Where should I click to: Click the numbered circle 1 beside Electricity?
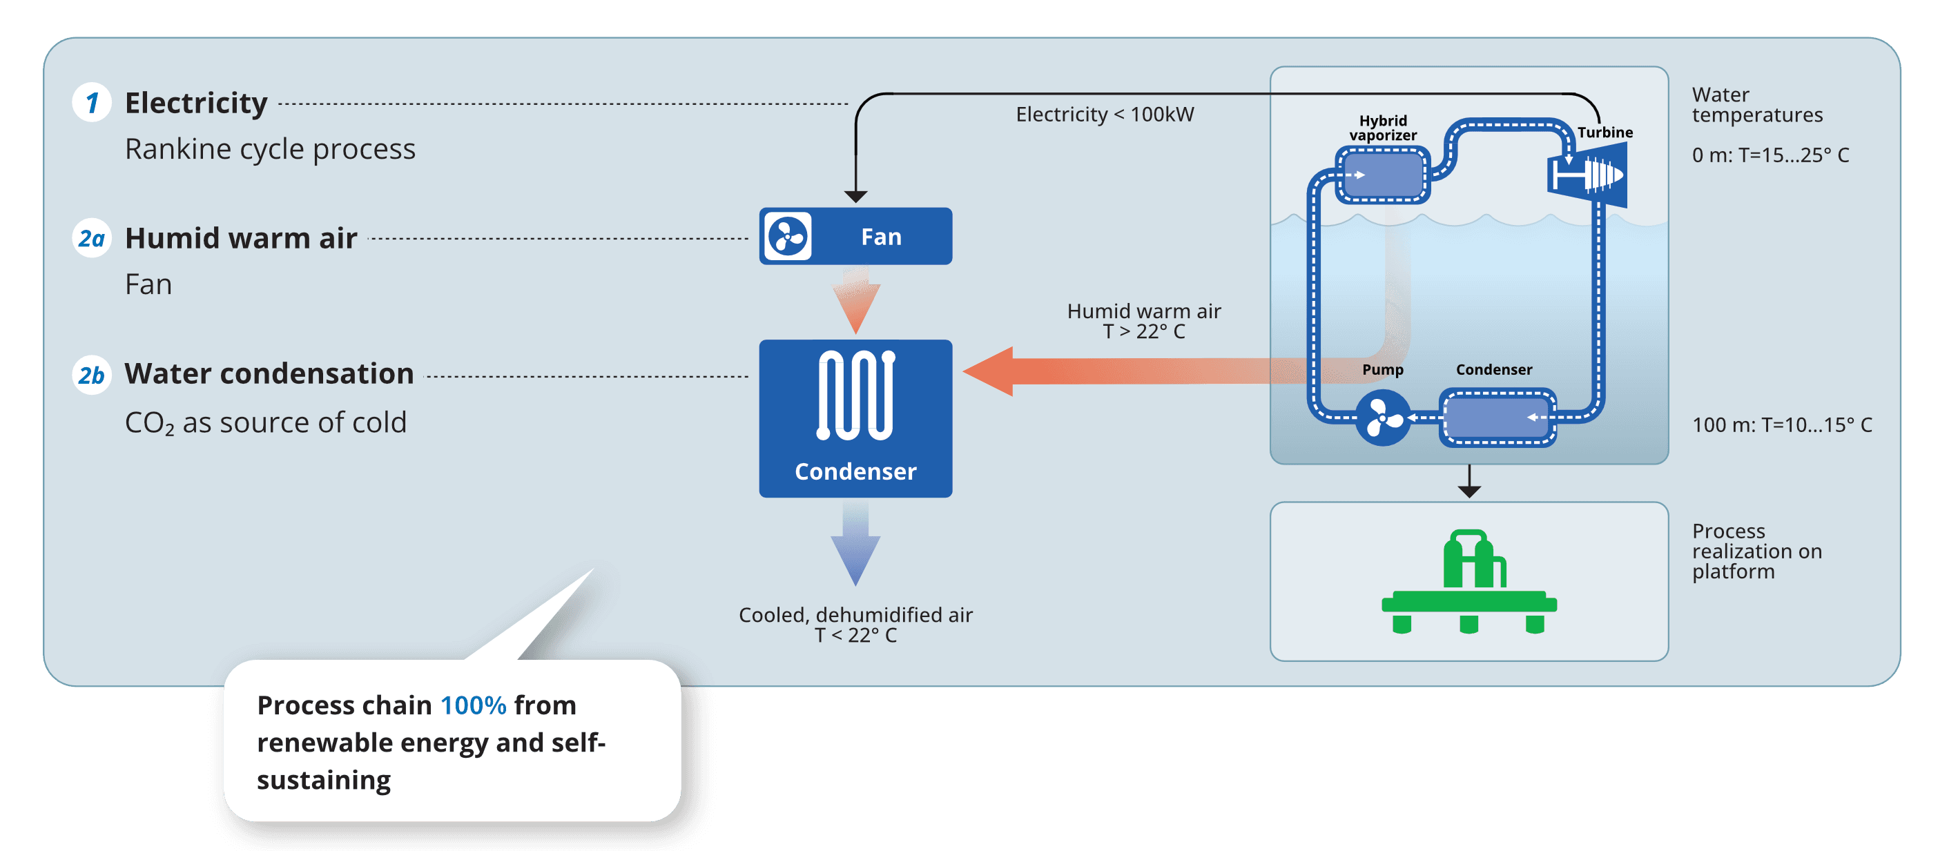point(92,103)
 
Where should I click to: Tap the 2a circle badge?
point(92,239)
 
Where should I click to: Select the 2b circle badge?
point(92,375)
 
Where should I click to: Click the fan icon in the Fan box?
point(788,236)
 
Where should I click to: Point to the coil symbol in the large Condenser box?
point(856,395)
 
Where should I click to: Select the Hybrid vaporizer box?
point(1384,175)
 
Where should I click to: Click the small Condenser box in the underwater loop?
point(1497,418)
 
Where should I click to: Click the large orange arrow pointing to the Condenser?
point(1102,371)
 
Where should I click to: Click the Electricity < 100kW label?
point(1105,115)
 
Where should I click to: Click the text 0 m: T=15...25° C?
point(1770,156)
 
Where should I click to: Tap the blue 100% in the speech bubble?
point(473,706)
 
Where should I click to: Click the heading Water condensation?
point(269,374)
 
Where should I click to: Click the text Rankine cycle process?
point(270,150)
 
